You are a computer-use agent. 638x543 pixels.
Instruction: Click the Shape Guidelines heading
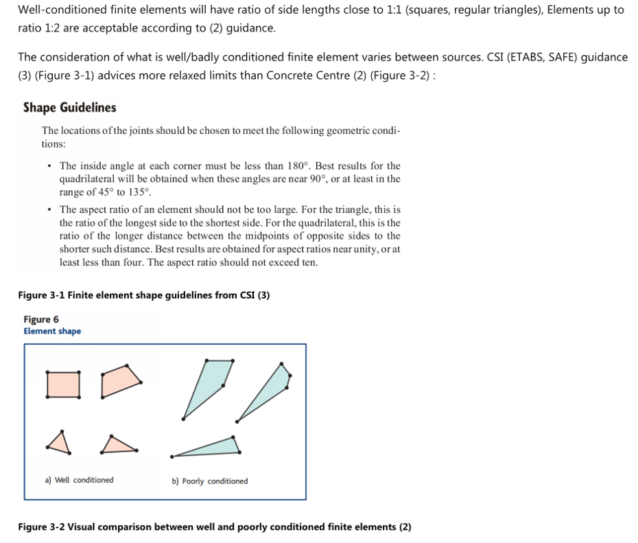69,108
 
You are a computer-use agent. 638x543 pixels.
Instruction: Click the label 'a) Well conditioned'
79,480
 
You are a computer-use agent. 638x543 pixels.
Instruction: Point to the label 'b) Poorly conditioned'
209,481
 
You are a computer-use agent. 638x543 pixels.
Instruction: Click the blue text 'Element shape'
52,331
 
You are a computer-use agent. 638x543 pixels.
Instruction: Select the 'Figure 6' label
41,319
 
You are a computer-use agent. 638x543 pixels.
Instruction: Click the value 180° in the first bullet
298,166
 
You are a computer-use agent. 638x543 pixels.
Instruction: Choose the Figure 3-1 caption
143,295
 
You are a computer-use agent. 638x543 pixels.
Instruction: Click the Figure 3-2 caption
214,527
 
